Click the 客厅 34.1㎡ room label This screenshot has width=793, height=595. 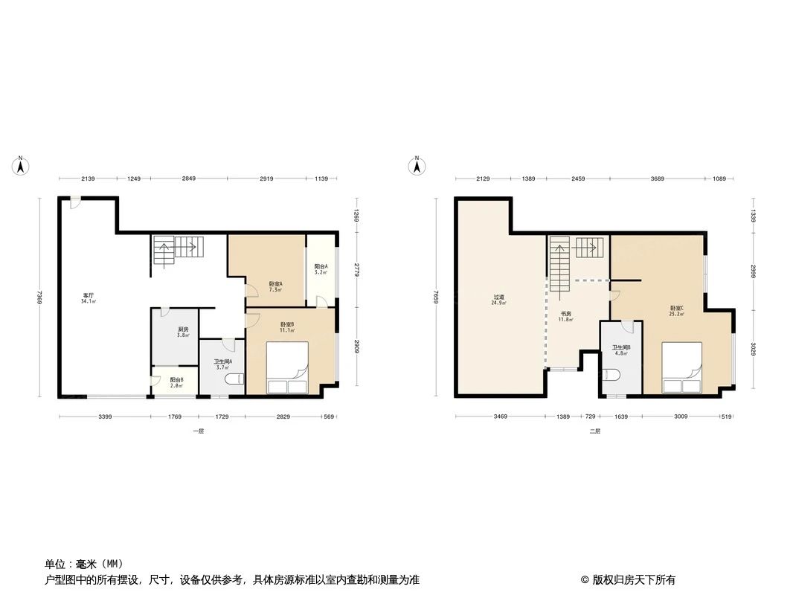(x=89, y=299)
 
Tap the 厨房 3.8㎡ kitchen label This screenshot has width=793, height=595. (x=183, y=332)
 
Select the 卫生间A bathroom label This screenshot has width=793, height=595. (x=223, y=364)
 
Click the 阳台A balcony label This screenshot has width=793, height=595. (x=321, y=269)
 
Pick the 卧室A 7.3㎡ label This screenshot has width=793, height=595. (x=275, y=286)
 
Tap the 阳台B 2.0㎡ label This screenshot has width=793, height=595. (x=176, y=382)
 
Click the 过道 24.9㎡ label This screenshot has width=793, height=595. (x=499, y=300)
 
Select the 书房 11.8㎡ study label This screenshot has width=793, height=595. (x=566, y=316)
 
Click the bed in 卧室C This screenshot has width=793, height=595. (x=682, y=367)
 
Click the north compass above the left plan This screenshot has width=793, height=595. (x=22, y=166)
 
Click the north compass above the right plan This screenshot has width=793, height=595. (x=418, y=166)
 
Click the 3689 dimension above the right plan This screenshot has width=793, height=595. (x=657, y=179)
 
